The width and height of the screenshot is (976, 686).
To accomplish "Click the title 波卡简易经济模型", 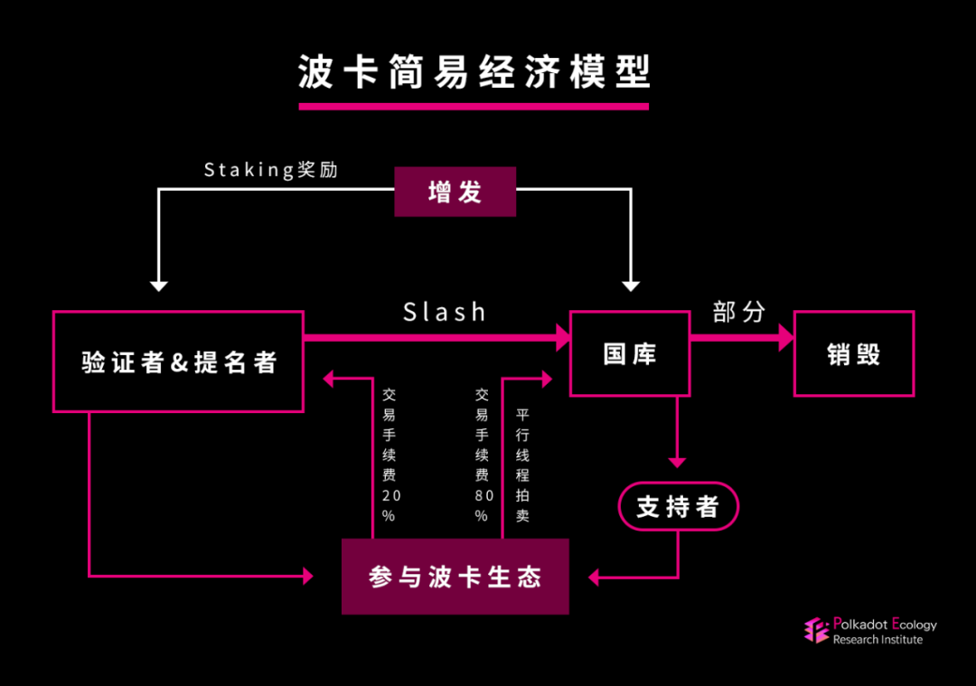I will point(474,72).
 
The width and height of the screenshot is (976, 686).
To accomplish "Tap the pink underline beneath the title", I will point(474,106).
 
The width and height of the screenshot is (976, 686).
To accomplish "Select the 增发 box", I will point(455,192).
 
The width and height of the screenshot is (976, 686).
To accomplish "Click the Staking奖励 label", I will point(270,170).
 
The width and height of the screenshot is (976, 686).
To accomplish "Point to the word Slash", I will point(444,313).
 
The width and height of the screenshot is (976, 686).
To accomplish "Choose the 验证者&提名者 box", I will point(178,362).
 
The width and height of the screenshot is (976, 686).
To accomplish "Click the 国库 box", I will point(629,353).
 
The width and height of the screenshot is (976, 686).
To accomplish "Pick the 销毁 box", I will point(853,353).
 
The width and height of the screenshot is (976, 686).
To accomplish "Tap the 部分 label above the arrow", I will point(738,313).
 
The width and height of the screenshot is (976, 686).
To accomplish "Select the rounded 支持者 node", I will point(678,506).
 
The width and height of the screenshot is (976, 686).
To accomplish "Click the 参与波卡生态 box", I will point(455,577).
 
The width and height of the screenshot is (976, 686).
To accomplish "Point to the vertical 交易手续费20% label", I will point(389,456).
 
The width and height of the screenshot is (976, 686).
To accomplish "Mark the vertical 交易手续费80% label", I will point(482,456).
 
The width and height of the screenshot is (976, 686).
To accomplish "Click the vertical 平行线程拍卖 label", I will point(522,465).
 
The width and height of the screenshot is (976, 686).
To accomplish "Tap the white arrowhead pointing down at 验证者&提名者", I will point(159,286).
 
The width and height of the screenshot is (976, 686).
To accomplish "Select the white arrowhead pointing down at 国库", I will point(631,286).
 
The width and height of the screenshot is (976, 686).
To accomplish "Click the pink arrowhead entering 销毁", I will point(786,338).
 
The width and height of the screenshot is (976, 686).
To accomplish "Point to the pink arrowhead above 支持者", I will point(677,463).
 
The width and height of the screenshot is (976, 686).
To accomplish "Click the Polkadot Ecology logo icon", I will point(816,630).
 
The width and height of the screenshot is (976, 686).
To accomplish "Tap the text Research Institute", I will point(877,640).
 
